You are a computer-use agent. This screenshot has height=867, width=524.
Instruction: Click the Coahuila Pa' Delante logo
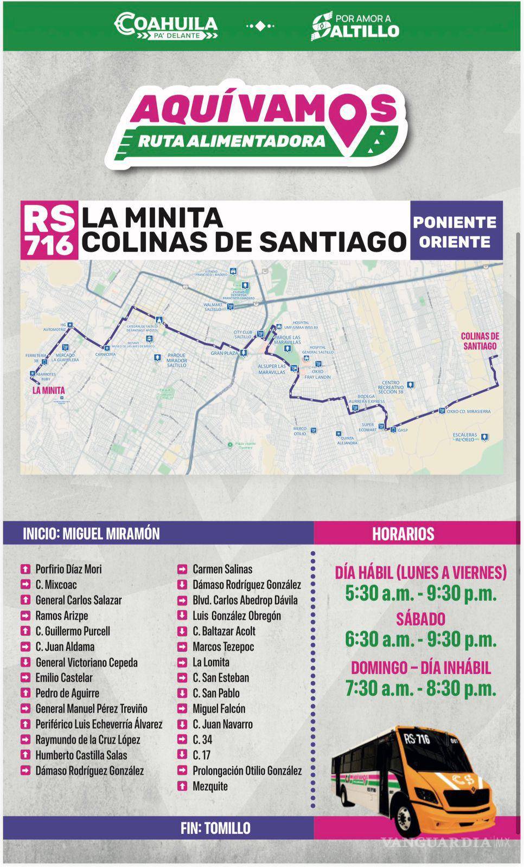pyautogui.click(x=166, y=26)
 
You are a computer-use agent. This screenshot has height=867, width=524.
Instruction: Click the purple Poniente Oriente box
pyautogui.click(x=455, y=231)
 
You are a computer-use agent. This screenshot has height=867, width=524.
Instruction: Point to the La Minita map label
pyautogui.click(x=48, y=390)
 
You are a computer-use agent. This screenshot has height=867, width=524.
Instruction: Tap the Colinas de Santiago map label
pyautogui.click(x=480, y=341)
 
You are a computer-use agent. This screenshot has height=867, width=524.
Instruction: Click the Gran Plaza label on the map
pyautogui.click(x=225, y=353)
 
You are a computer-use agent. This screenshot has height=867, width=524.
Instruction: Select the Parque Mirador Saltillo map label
pyautogui.click(x=177, y=360)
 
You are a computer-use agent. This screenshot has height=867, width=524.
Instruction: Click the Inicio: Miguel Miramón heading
pyautogui.click(x=91, y=534)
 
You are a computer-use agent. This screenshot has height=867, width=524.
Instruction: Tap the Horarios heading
pyautogui.click(x=403, y=534)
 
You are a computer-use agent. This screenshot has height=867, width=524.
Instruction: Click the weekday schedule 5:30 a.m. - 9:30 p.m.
pyautogui.click(x=420, y=594)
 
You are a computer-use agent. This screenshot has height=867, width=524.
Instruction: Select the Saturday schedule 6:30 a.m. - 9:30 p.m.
pyautogui.click(x=420, y=640)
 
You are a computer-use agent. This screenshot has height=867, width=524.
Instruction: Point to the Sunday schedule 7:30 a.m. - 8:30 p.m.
pyautogui.click(x=420, y=688)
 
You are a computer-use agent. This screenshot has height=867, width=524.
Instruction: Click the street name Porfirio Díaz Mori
pyautogui.click(x=68, y=569)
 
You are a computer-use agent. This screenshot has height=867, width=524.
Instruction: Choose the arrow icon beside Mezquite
pyautogui.click(x=182, y=786)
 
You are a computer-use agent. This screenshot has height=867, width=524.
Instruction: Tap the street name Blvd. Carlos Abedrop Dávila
pyautogui.click(x=245, y=600)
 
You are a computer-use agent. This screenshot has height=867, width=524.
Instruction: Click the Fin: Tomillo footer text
pyautogui.click(x=215, y=828)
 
